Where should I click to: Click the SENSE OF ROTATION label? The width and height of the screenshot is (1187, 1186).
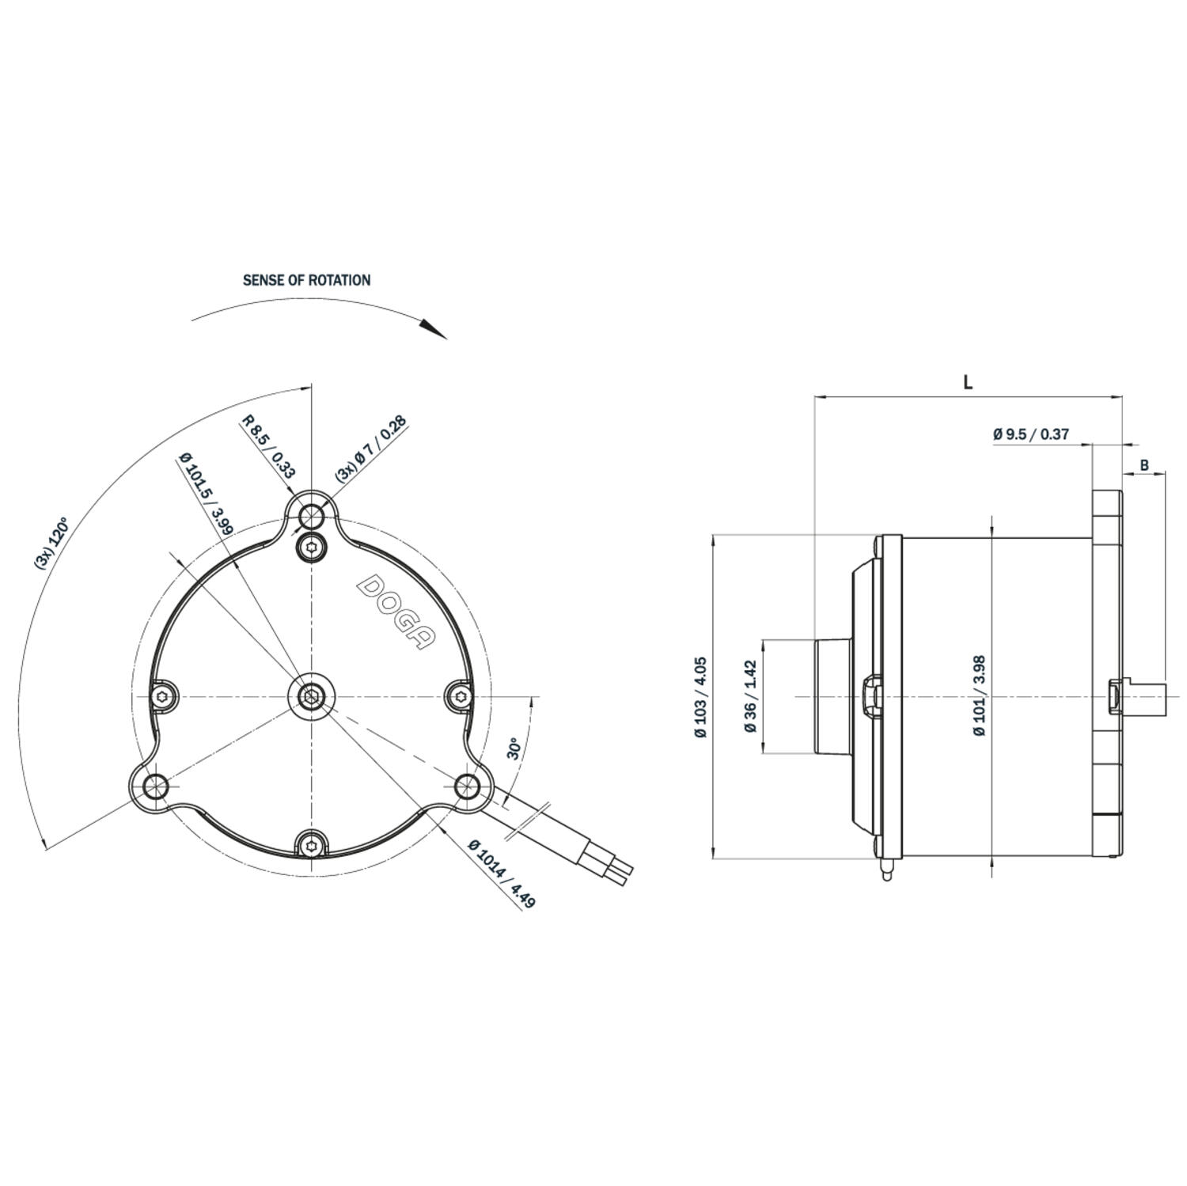click(x=306, y=280)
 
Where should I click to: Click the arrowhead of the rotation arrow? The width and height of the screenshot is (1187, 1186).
click(x=434, y=328)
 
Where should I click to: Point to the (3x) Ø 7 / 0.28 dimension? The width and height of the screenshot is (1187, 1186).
click(x=371, y=449)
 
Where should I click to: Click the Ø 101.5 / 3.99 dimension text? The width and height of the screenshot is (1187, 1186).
click(x=205, y=494)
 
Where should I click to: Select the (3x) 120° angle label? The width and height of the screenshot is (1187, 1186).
click(x=51, y=543)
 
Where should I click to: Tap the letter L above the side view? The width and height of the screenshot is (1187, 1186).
click(x=968, y=382)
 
